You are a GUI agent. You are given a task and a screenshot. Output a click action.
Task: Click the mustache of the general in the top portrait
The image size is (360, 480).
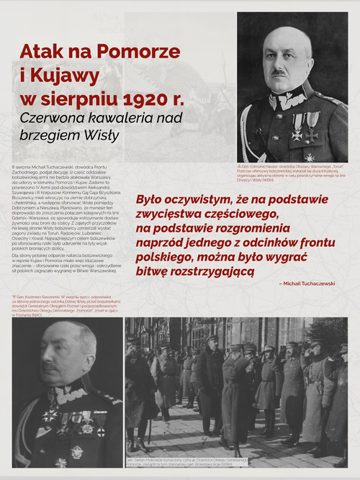point(279,72)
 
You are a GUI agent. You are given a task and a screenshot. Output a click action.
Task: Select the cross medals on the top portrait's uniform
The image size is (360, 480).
point(305,127)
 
